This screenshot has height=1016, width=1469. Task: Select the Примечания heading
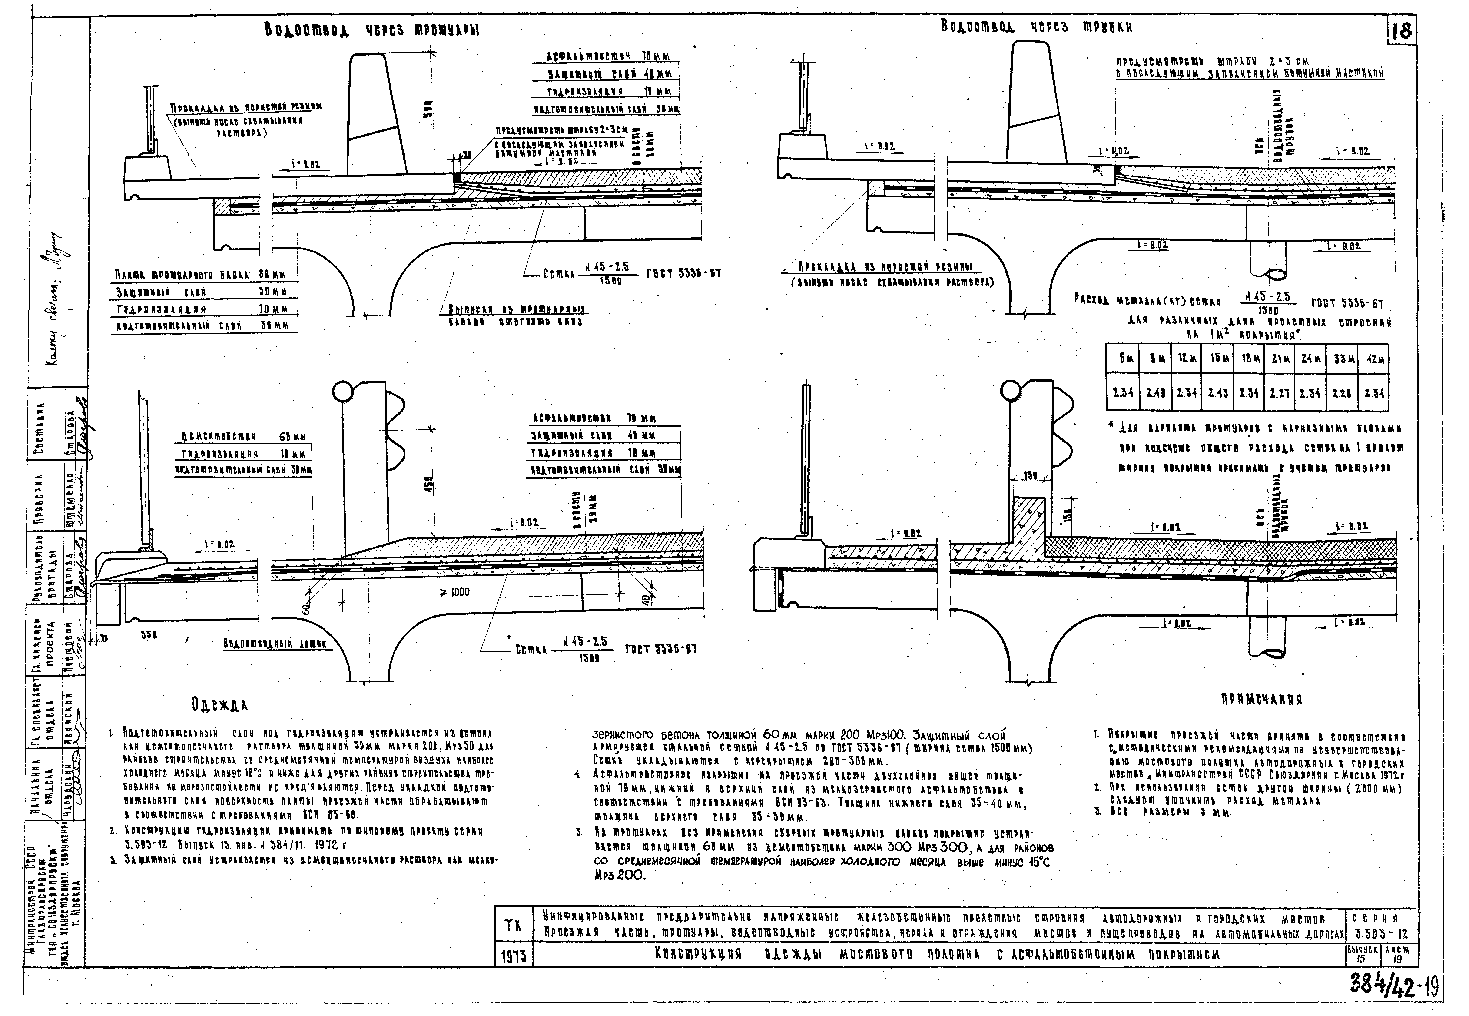(1261, 700)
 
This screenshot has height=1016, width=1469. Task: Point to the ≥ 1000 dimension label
(454, 592)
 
